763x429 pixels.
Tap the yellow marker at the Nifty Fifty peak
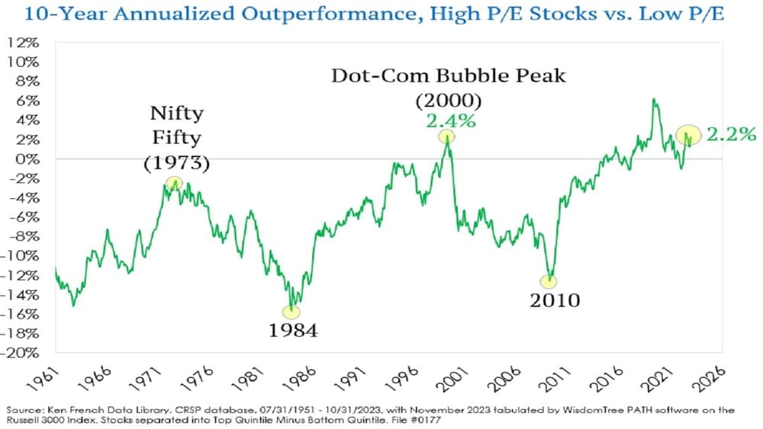click(x=175, y=183)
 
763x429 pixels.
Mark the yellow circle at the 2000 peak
click(x=446, y=137)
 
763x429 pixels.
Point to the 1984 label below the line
click(x=292, y=331)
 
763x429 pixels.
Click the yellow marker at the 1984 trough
click(x=291, y=311)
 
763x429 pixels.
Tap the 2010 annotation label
click(x=555, y=300)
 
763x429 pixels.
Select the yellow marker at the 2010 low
click(x=549, y=281)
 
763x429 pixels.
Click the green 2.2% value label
click(x=731, y=135)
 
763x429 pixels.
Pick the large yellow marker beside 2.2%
click(x=689, y=135)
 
